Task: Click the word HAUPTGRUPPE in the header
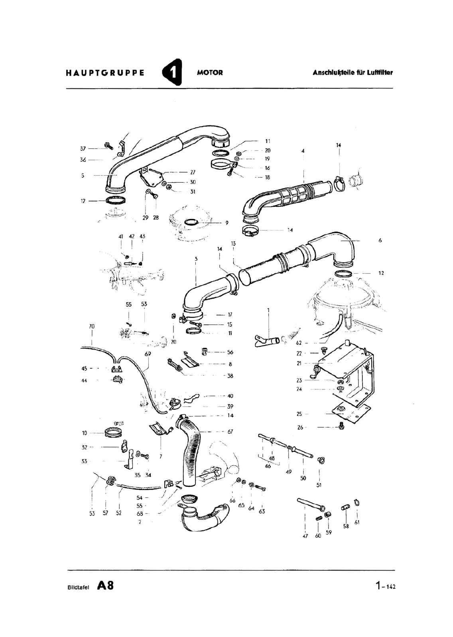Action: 105,73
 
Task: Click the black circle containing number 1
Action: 172,72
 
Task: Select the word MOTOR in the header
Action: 210,73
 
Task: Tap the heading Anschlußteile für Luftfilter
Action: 353,72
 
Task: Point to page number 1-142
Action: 385,586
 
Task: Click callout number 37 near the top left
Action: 83,149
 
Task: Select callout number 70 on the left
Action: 92,326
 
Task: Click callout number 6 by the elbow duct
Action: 380,240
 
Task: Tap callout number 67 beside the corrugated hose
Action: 230,432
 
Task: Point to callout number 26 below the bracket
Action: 300,427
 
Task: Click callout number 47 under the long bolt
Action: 305,536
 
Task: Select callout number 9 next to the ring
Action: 227,223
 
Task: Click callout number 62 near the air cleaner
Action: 299,343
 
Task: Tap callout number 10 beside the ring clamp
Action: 85,433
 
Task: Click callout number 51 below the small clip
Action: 319,485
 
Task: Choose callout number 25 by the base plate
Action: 299,414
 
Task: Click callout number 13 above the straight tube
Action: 233,244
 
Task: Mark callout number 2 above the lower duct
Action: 140,522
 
